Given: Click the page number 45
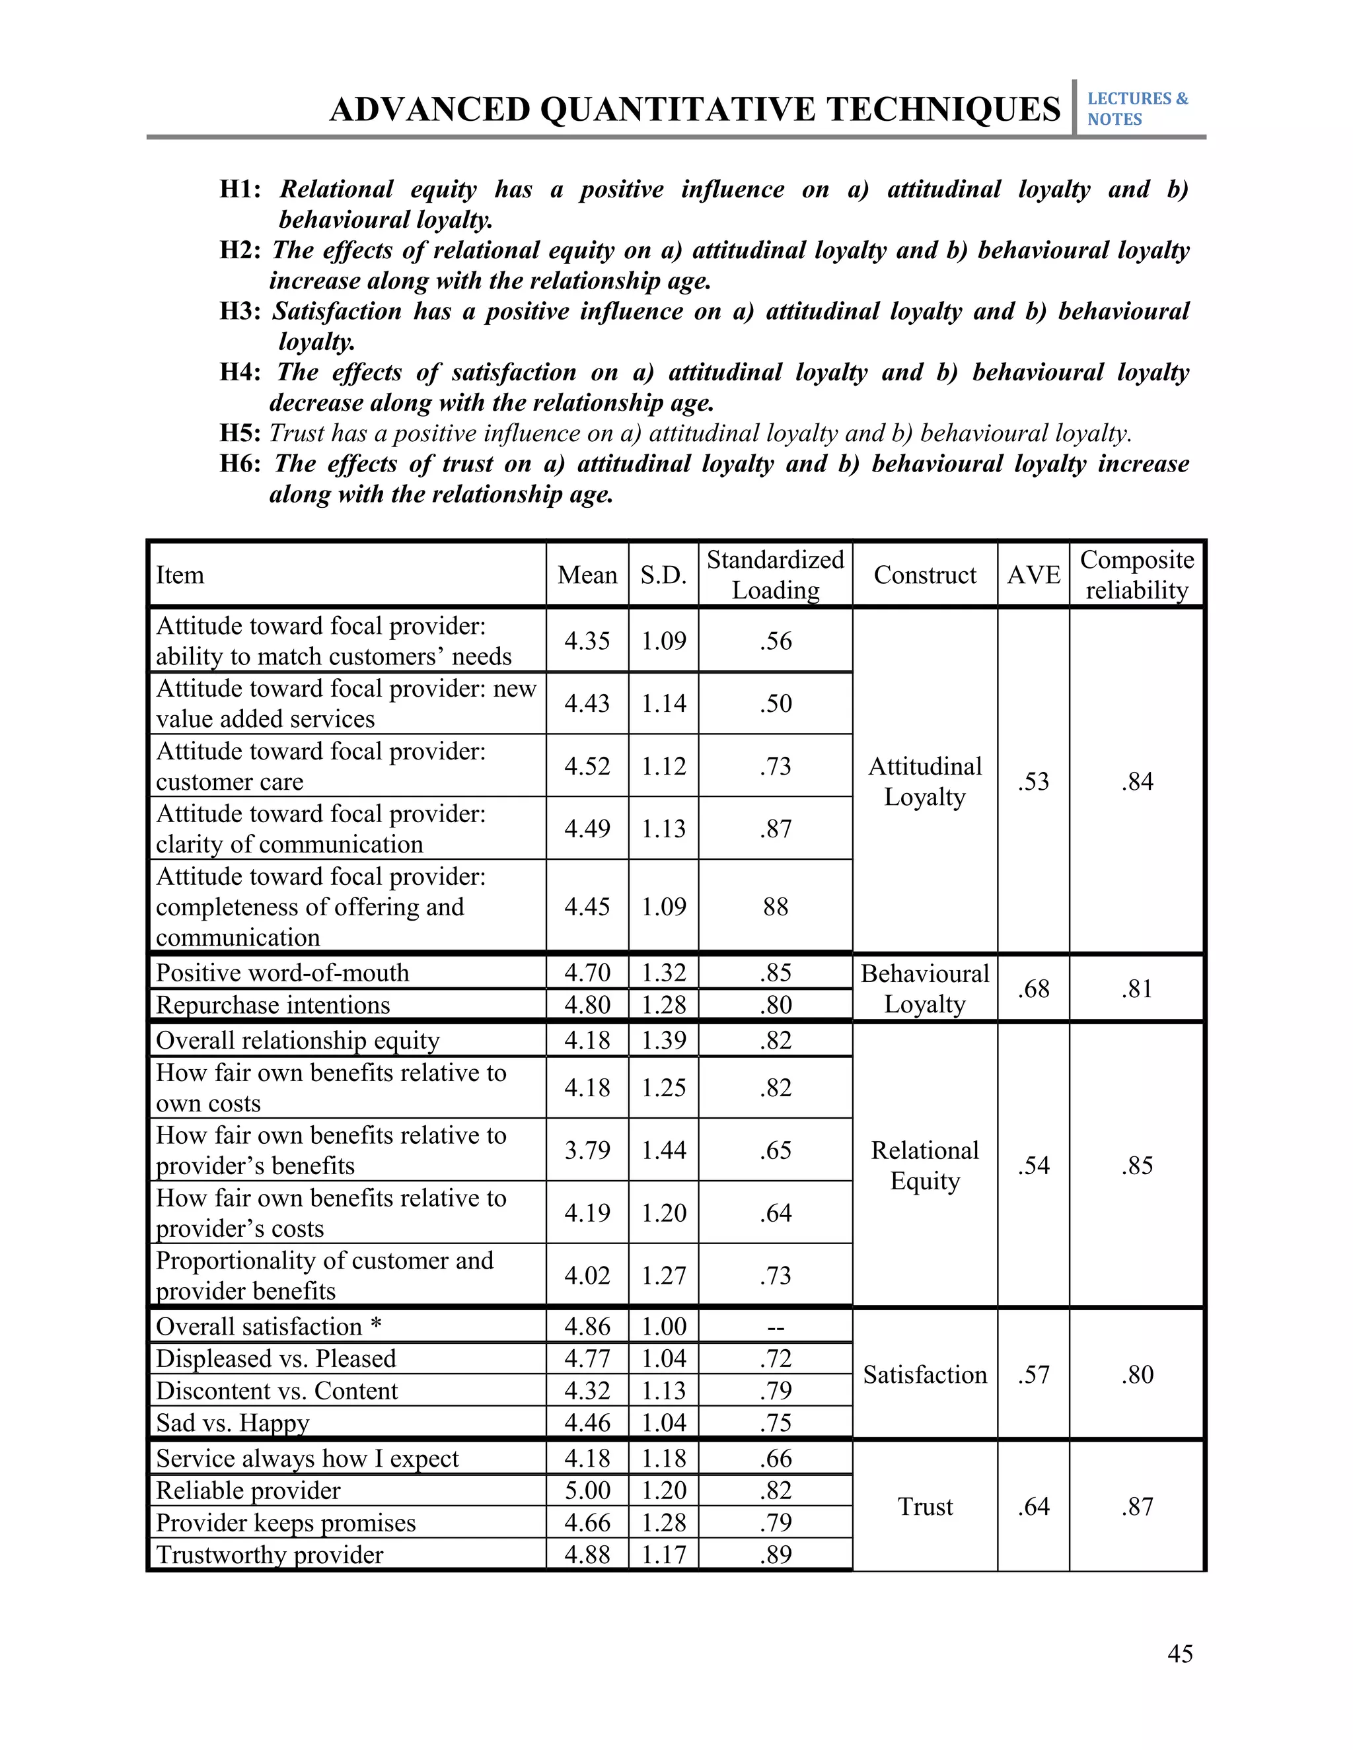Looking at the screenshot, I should coord(1180,1654).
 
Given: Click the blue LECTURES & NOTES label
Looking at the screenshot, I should coord(1136,109).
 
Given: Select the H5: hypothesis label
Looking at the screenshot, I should coord(240,433).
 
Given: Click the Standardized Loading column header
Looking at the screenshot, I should coord(775,575).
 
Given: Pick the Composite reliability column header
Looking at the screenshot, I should coord(1136,575).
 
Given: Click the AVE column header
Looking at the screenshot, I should coord(1033,575).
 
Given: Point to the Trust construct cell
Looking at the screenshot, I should coord(925,1506).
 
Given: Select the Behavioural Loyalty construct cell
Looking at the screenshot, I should coord(925,989).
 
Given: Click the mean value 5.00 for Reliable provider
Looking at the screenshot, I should coord(587,1490).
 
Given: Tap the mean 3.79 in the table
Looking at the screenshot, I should coord(587,1150).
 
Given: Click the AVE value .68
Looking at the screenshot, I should coord(1033,989).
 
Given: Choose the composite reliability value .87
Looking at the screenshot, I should coord(1136,1506).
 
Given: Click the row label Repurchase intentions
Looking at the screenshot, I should coord(273,1005).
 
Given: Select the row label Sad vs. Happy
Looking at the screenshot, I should coord(233,1422).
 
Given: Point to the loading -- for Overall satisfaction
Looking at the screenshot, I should coord(775,1327).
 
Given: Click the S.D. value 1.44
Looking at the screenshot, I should coord(664,1150).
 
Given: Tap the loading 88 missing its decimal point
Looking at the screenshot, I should coord(775,906).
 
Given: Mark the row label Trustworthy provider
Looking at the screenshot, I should coord(270,1555).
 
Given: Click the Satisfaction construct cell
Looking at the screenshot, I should coord(925,1375).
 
